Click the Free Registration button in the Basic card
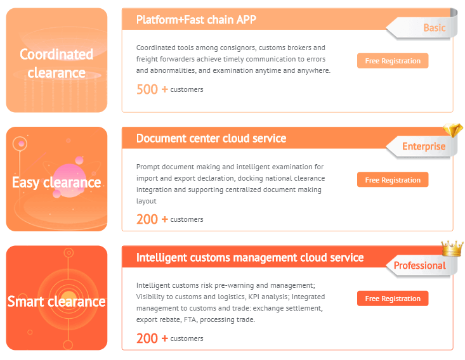pyautogui.click(x=393, y=61)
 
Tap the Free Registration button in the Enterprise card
pyautogui.click(x=393, y=179)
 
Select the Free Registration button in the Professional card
pyautogui.click(x=393, y=299)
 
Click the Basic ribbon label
pyautogui.click(x=434, y=28)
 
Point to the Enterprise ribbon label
pyautogui.click(x=424, y=146)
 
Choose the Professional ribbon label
pyautogui.click(x=419, y=266)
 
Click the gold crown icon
pyautogui.click(x=452, y=248)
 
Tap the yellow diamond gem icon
pyautogui.click(x=453, y=130)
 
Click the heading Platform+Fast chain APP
pyautogui.click(x=196, y=20)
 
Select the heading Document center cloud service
pyautogui.click(x=211, y=138)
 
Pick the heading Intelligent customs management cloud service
pyautogui.click(x=250, y=257)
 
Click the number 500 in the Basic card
pyautogui.click(x=147, y=89)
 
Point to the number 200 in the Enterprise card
pyautogui.click(x=147, y=219)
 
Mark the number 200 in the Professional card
pyautogui.click(x=147, y=338)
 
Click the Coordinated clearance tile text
pyautogui.click(x=56, y=63)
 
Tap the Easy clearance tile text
pyautogui.click(x=56, y=183)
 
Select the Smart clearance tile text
pyautogui.click(x=56, y=302)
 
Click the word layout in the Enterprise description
pyautogui.click(x=146, y=201)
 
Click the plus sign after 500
pyautogui.click(x=164, y=89)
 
